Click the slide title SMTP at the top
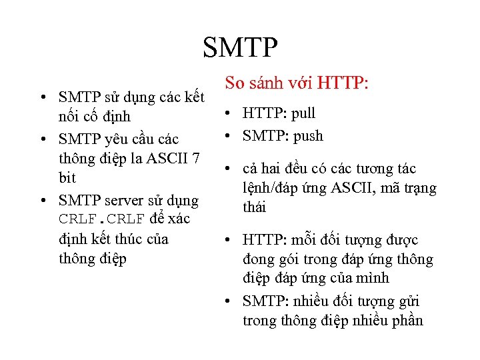[240, 48]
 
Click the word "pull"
[303, 114]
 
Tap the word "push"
[308, 136]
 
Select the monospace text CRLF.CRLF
[101, 219]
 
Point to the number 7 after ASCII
[196, 159]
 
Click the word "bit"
[67, 178]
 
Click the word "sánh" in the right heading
[268, 84]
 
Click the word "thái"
[254, 207]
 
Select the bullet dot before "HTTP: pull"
[229, 115]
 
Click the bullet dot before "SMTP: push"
[229, 137]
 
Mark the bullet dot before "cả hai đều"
[229, 169]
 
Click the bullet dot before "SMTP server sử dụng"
[44, 201]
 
